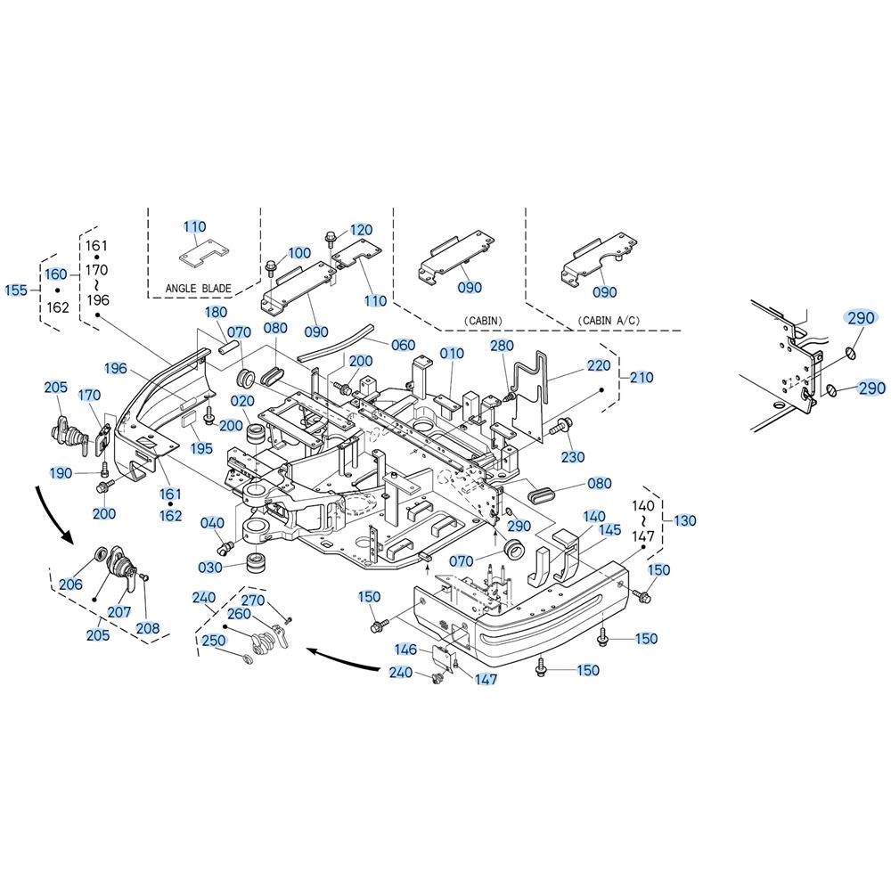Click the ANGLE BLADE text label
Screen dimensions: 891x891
[199, 289]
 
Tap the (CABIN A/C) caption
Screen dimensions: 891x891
[609, 321]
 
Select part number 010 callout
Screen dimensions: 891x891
[452, 354]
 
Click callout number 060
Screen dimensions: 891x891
[403, 345]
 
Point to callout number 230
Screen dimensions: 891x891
[573, 457]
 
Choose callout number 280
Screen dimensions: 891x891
[502, 346]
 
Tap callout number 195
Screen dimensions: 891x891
[201, 448]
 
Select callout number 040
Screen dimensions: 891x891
[212, 523]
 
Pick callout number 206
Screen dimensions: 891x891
[70, 584]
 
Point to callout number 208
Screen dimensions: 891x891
[148, 628]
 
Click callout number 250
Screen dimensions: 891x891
[214, 641]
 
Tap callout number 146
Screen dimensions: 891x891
[405, 650]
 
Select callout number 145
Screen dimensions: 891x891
[609, 530]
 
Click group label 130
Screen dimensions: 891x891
[684, 520]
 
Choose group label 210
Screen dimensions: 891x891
[641, 377]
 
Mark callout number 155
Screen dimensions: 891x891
[16, 290]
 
